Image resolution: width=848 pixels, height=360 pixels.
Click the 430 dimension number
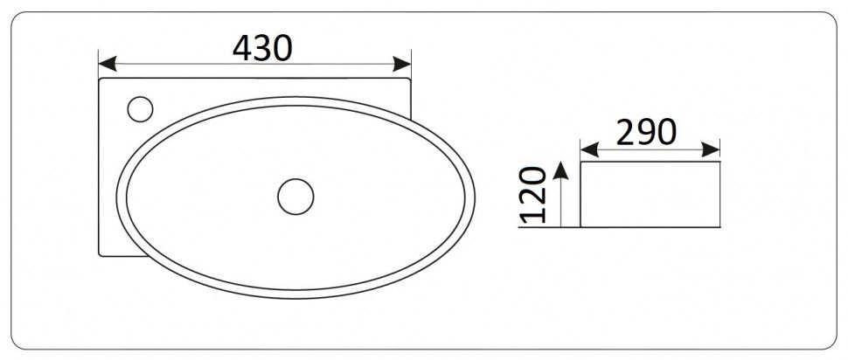261,48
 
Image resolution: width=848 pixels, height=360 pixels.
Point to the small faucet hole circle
140,110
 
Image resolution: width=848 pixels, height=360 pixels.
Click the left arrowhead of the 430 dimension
104,64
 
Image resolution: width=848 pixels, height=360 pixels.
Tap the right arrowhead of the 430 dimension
405,64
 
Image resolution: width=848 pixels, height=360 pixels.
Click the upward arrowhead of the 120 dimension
561,169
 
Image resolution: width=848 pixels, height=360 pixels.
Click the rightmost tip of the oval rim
476,197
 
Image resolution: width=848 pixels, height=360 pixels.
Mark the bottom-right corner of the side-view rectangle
719,226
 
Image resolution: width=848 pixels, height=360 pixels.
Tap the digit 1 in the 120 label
536,213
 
